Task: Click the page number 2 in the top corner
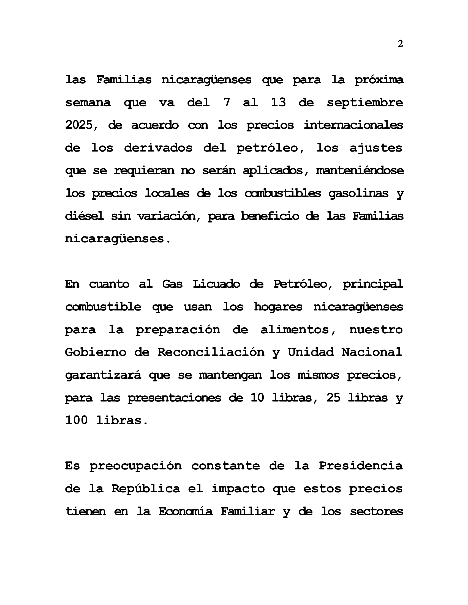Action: point(400,44)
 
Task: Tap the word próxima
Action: point(379,80)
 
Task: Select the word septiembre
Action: point(364,103)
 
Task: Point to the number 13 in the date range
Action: point(278,103)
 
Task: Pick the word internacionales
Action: point(353,125)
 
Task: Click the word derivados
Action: point(158,148)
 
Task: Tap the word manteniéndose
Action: point(360,170)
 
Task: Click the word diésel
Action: point(84,216)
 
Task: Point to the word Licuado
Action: point(216,284)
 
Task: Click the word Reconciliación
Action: point(211,352)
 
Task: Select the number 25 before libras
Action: point(333,398)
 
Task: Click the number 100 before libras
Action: point(76,420)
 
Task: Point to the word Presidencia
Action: point(360,466)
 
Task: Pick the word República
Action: point(146,489)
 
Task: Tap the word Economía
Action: point(185,512)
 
